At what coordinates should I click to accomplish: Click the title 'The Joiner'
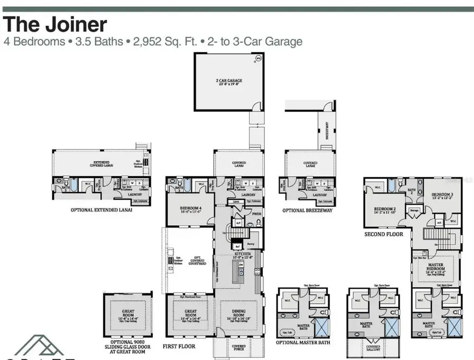(56, 24)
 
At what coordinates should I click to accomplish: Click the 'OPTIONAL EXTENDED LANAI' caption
(101, 209)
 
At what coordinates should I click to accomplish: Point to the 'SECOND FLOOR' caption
(383, 233)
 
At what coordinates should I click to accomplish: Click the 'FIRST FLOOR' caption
(179, 346)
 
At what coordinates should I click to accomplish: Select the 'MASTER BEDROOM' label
(435, 266)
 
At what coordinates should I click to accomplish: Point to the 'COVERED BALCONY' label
(374, 349)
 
